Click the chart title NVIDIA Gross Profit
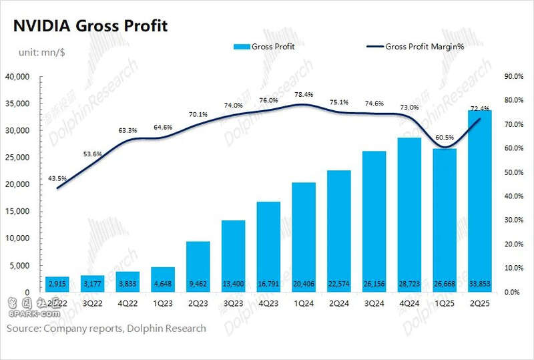(x=87, y=26)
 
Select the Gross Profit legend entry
(x=264, y=47)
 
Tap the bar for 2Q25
(x=479, y=200)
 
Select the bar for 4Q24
(x=409, y=214)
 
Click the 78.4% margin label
(x=304, y=94)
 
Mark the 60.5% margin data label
(x=444, y=137)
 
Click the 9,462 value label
(x=198, y=284)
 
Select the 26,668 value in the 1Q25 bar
(x=444, y=284)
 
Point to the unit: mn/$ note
(x=40, y=51)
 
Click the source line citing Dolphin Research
(x=107, y=329)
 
